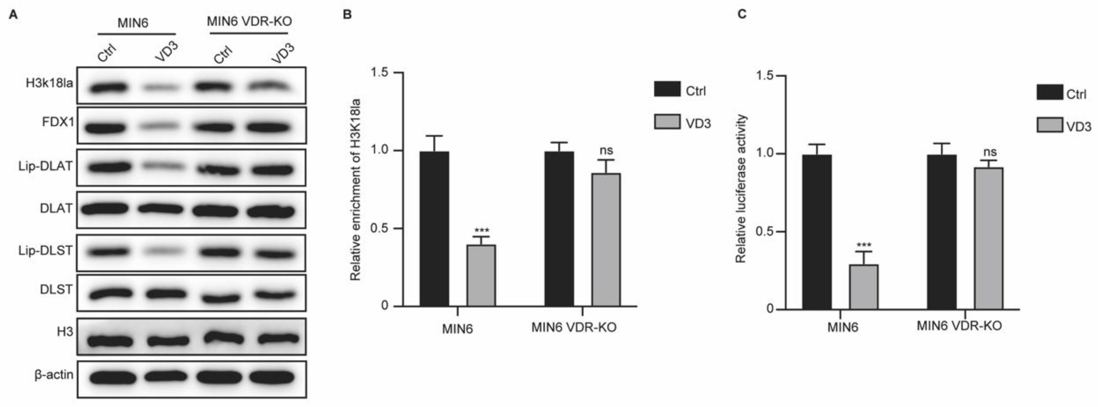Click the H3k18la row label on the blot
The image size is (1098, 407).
point(49,83)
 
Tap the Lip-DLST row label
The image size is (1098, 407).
point(45,251)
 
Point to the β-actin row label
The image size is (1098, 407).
point(54,375)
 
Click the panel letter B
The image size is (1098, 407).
point(347,15)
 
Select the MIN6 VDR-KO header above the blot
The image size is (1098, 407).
point(249,21)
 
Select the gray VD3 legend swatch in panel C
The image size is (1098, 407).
point(1049,126)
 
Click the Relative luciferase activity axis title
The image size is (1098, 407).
point(741,188)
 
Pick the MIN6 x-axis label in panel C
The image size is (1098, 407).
point(843,327)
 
